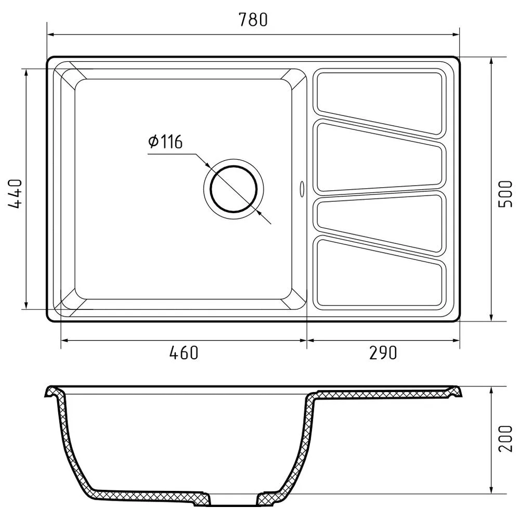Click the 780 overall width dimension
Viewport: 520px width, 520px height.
(x=253, y=19)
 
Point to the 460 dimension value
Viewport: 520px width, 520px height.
(x=184, y=353)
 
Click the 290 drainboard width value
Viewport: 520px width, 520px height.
(x=383, y=353)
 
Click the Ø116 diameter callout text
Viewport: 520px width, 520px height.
(x=165, y=142)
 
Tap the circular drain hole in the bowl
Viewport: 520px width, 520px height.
(x=233, y=189)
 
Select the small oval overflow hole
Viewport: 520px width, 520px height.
(x=302, y=189)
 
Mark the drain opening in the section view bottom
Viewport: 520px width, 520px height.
(x=233, y=500)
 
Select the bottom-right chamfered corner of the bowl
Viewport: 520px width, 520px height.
(x=297, y=304)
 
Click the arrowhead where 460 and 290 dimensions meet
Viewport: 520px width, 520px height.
(x=307, y=341)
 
